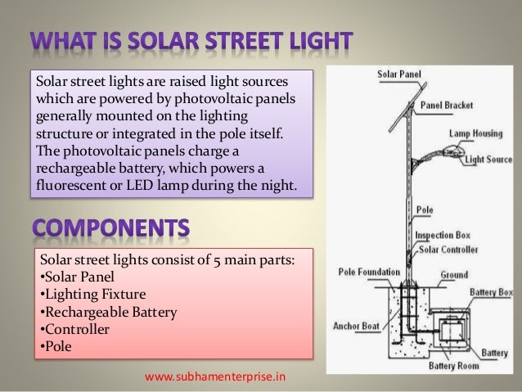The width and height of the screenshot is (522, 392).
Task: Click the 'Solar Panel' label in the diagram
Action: (398, 74)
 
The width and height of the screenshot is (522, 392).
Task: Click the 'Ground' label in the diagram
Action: (455, 276)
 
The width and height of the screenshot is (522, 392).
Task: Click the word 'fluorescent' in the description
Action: (67, 185)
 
